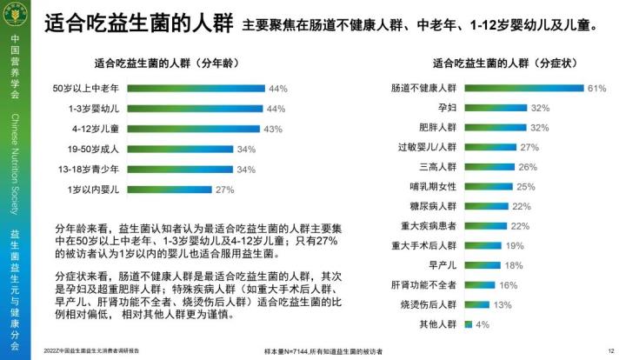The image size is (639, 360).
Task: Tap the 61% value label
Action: [596, 89]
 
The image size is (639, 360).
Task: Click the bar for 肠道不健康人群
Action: [523, 89]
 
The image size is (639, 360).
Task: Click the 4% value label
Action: [483, 324]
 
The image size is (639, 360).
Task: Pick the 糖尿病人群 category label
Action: [434, 206]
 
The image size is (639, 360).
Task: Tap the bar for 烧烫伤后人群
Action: [477, 304]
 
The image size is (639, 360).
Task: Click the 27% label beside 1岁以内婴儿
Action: [225, 189]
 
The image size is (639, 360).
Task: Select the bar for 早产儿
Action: [483, 265]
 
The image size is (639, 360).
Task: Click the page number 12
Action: [612, 350]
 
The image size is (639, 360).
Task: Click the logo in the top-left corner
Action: [15, 15]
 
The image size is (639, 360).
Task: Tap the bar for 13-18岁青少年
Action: [181, 169]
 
